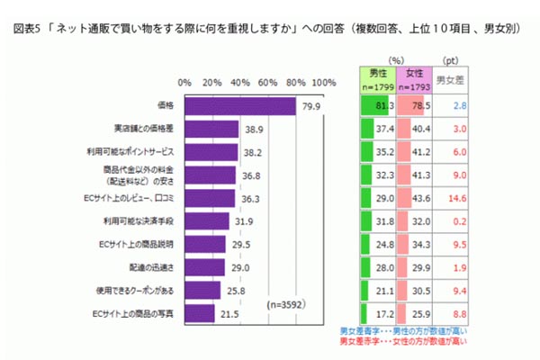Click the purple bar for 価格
click(239, 106)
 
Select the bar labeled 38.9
click(211, 130)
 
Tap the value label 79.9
click(312, 106)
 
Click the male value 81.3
click(382, 106)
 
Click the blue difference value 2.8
click(456, 106)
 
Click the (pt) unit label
click(450, 59)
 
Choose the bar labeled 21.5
click(198, 312)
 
